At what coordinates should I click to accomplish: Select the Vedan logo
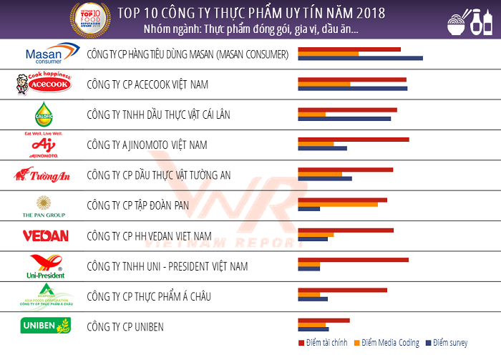[45, 235]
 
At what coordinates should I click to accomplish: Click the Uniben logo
[45, 326]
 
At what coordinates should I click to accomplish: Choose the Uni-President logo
[45, 266]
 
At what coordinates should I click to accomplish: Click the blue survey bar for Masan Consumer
[360, 58]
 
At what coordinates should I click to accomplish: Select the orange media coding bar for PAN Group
[337, 204]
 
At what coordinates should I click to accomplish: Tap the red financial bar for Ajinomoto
[353, 140]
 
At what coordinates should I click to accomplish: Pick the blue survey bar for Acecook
[352, 89]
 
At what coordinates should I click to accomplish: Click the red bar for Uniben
[324, 321]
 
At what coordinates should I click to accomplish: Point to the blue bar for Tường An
[324, 178]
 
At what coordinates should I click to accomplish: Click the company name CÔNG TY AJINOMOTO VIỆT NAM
[147, 145]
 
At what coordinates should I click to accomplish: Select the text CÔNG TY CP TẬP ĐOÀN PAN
[137, 205]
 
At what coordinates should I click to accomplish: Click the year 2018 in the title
[368, 13]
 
